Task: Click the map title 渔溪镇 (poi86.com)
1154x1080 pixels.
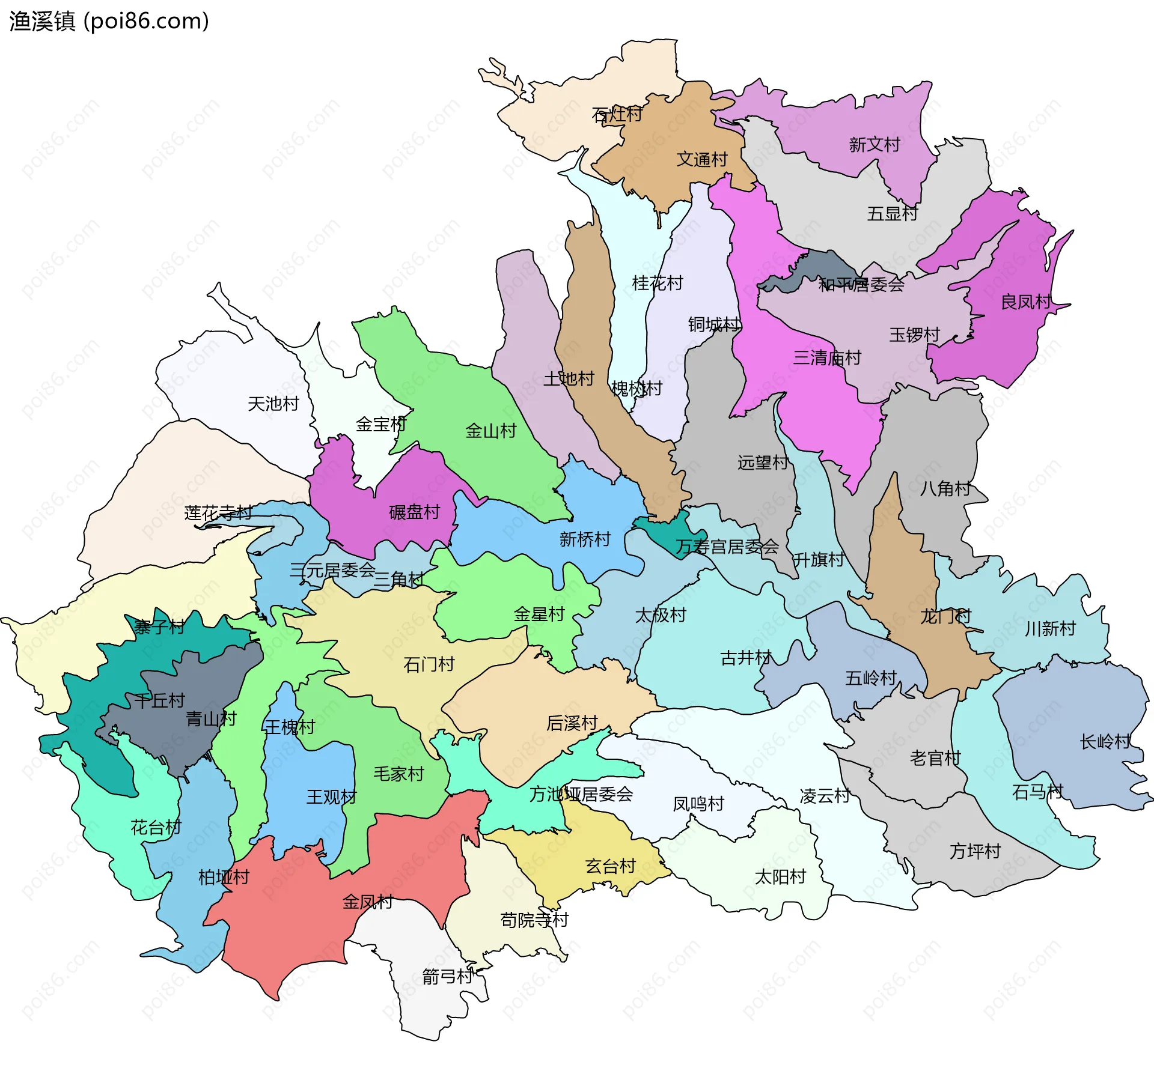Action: click(109, 21)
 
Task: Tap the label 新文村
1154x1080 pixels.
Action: click(874, 145)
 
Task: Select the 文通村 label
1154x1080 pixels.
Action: click(701, 160)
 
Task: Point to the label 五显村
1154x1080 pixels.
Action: click(892, 214)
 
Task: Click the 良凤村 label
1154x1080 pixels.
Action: click(1025, 302)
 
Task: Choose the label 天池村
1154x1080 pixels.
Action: click(273, 404)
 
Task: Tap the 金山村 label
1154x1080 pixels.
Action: click(490, 431)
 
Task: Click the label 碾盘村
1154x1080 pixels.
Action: click(414, 512)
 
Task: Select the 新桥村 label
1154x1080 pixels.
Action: click(584, 539)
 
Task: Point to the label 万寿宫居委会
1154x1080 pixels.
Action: click(727, 547)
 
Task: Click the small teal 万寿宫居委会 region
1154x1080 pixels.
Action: click(667, 532)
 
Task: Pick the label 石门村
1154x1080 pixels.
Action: click(429, 664)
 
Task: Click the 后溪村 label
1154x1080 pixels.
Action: click(572, 723)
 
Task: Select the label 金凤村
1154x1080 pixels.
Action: click(367, 902)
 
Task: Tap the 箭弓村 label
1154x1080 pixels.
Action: click(447, 977)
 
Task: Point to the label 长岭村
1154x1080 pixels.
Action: click(1105, 742)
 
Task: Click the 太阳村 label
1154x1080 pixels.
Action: click(780, 877)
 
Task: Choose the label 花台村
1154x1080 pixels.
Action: click(156, 828)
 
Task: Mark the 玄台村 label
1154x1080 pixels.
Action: click(610, 866)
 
